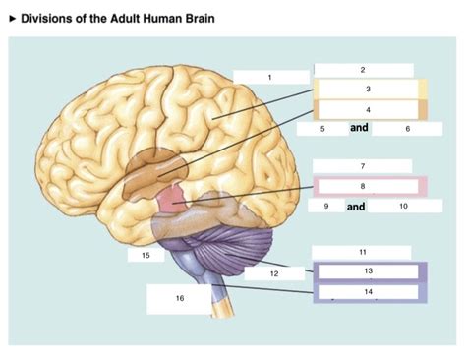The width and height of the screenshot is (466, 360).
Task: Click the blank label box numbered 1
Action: (x=267, y=77)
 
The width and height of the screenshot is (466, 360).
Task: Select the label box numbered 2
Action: (x=363, y=69)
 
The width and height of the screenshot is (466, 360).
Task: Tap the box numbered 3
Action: (x=366, y=90)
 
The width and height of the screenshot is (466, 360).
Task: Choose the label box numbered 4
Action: (x=366, y=109)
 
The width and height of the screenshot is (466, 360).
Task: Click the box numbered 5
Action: (x=321, y=129)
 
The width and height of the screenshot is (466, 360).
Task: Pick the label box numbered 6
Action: (x=406, y=129)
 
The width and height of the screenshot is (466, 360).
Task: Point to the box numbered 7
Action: (x=363, y=166)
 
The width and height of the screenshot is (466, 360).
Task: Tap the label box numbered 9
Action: (x=324, y=207)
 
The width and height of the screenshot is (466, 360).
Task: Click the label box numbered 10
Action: (x=403, y=207)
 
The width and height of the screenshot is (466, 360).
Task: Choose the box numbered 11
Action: (x=363, y=252)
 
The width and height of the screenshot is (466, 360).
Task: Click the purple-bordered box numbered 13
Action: (x=366, y=270)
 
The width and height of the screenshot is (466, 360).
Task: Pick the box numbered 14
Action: (x=366, y=292)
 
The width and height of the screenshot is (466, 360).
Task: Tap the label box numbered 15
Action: (x=145, y=255)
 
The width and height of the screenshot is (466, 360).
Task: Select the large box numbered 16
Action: (x=179, y=298)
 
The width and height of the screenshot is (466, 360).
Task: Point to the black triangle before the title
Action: (x=12, y=19)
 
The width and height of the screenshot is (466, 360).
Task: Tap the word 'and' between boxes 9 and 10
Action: (x=356, y=207)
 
